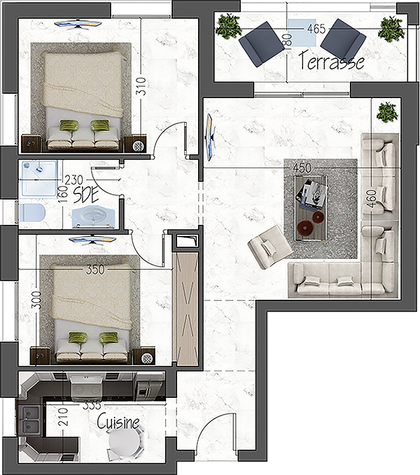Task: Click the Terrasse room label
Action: (331, 61)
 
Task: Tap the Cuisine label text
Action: (118, 421)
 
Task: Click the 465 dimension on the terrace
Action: (316, 29)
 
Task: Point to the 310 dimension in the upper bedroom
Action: (141, 86)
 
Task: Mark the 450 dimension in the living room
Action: (302, 168)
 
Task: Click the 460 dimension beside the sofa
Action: (373, 198)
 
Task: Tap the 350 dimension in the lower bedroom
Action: (95, 269)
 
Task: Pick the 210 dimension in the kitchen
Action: (64, 417)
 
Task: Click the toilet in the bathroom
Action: (32, 212)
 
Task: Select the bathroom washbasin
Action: (93, 216)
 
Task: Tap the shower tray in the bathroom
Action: (38, 179)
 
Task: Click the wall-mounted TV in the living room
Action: (210, 137)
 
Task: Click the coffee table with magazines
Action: (311, 208)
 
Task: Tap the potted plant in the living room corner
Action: (387, 112)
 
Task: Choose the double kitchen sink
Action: (29, 420)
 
